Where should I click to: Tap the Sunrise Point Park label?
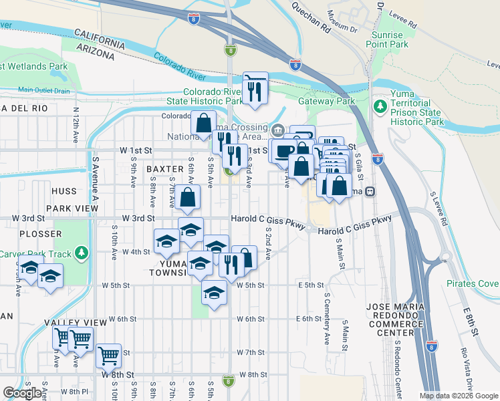384,39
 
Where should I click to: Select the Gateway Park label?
335,101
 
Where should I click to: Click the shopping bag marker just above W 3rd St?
189,196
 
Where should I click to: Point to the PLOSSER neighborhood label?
41,234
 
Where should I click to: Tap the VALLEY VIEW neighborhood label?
76,323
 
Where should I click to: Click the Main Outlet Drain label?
44,90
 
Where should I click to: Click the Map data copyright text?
458,396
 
